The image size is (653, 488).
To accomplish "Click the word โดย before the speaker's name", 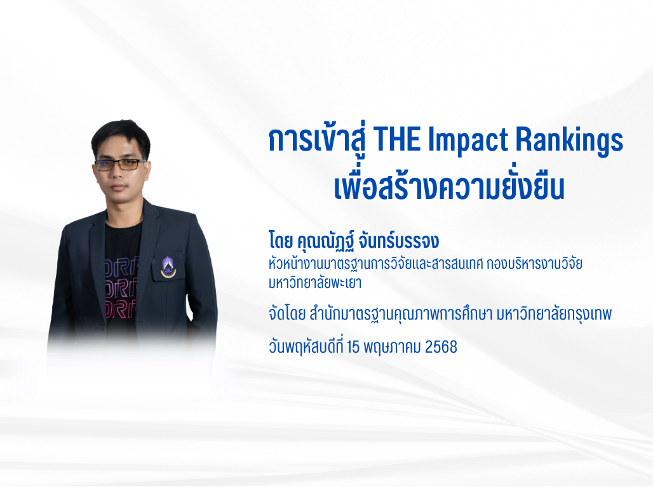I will coord(282,242).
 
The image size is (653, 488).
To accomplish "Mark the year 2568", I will coord(441,348).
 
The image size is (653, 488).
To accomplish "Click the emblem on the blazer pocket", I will coord(168,266).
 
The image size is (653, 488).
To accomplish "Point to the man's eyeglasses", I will coord(121,165).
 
